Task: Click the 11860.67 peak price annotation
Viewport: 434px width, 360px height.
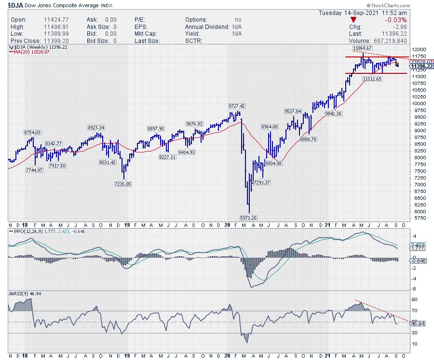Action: [361, 48]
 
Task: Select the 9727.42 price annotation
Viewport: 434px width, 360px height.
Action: [236, 106]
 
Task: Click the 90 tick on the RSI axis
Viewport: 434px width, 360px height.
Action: [413, 299]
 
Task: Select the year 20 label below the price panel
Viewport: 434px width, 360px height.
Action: [228, 225]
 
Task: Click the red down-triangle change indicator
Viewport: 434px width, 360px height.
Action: [354, 20]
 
